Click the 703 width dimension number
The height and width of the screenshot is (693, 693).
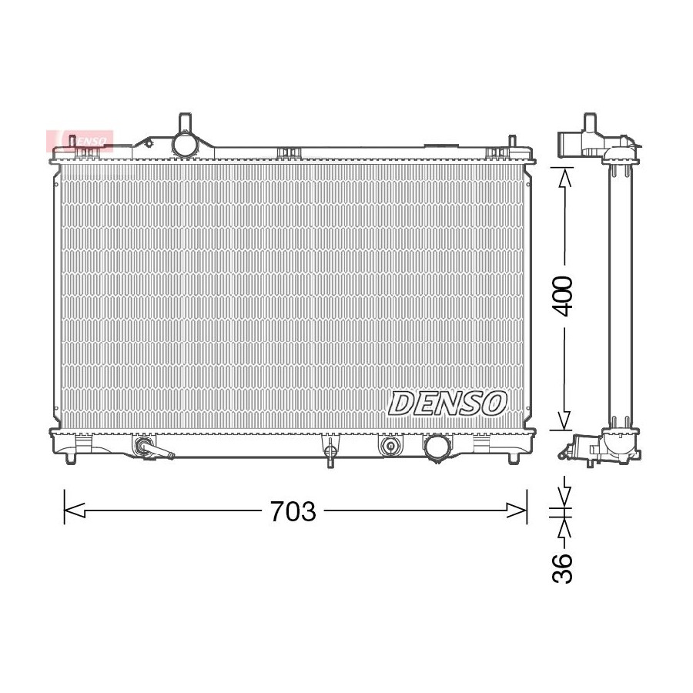(x=293, y=511)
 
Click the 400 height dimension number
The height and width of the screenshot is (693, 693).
(x=562, y=296)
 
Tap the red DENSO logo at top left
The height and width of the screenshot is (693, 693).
(x=80, y=141)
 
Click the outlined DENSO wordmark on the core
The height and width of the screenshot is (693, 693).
(x=447, y=403)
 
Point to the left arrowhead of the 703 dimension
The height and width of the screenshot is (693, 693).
(x=74, y=511)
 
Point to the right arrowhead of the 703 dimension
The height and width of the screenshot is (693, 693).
(x=517, y=511)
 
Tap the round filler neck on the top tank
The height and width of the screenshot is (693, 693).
(x=185, y=143)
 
